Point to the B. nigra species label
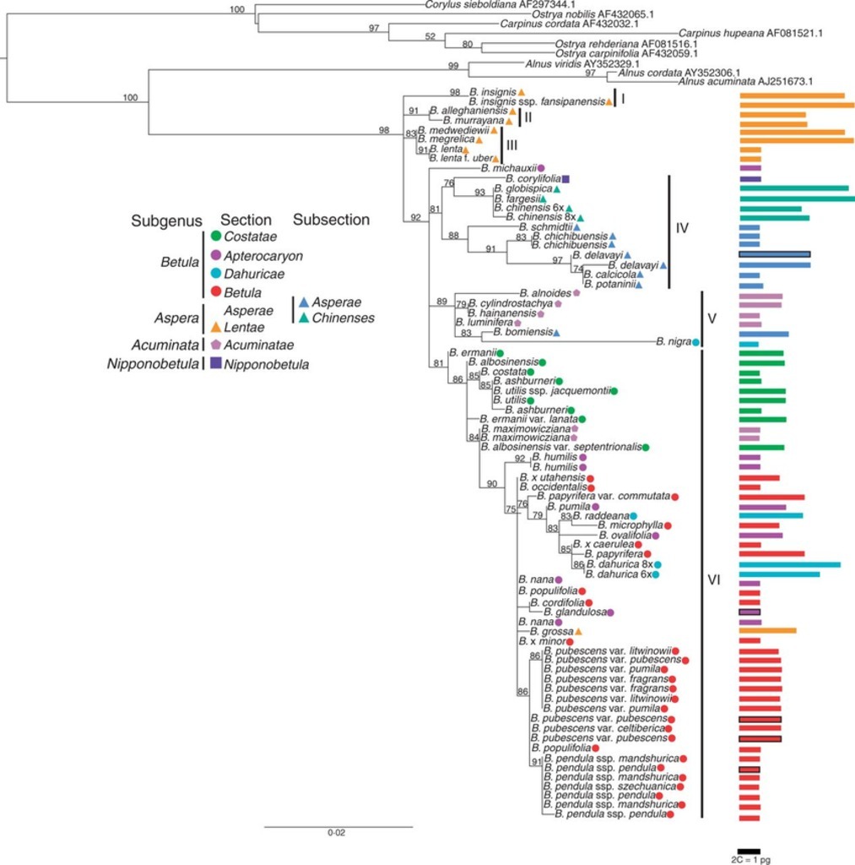673,342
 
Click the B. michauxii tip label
509,168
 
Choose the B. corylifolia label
533,179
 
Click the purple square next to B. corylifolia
566,179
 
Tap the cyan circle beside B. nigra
696,342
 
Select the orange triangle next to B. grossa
579,631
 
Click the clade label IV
684,227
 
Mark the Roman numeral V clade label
712,318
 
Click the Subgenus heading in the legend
166,220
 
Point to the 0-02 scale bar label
337,833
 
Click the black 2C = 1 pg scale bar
749,851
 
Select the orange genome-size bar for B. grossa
767,630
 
